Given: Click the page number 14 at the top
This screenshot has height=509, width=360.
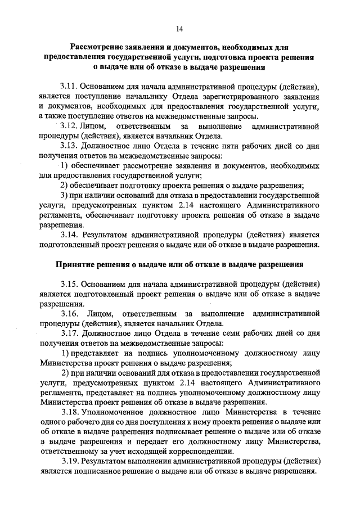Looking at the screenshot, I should click(x=179, y=29).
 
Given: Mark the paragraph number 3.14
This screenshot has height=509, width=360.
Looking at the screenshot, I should click(x=70, y=235).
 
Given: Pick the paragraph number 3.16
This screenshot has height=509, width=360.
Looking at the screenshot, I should click(x=70, y=312).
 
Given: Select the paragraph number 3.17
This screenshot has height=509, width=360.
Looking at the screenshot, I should click(x=70, y=332).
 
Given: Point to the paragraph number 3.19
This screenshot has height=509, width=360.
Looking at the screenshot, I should click(x=70, y=461).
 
